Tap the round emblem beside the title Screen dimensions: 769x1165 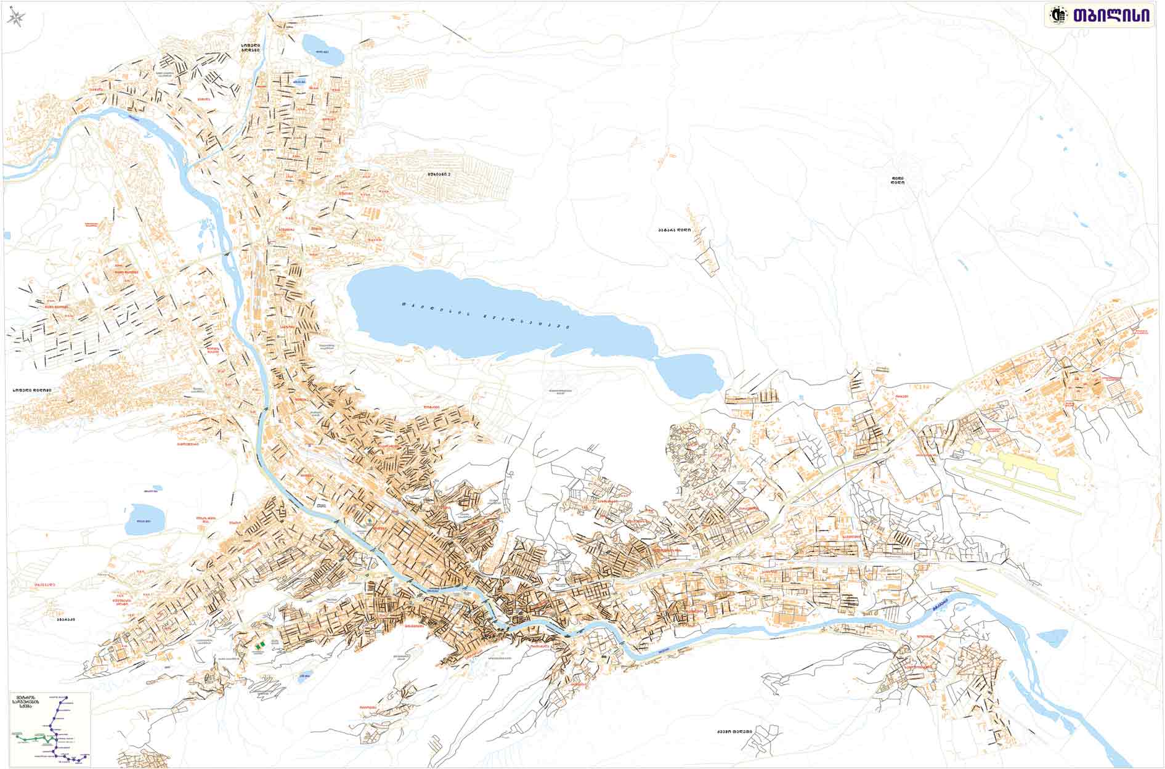tap(1058, 16)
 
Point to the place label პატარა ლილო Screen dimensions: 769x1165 tap(674, 230)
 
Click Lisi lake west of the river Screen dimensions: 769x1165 tap(144, 519)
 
